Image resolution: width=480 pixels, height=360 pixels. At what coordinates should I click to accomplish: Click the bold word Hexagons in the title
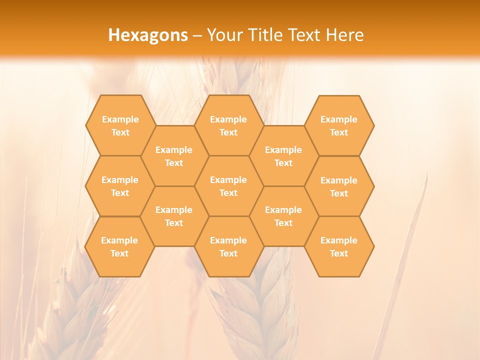click(148, 35)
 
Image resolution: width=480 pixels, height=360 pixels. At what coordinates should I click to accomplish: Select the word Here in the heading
click(344, 35)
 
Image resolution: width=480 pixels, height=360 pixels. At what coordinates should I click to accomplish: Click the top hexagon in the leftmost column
click(120, 125)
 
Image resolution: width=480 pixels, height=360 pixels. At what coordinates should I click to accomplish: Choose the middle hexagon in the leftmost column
click(120, 186)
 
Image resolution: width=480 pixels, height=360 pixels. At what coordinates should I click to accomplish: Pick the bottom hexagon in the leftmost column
click(119, 246)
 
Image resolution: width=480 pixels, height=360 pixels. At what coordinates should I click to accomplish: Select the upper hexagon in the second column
click(174, 156)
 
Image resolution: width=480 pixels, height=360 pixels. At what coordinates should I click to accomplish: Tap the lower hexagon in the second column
click(174, 216)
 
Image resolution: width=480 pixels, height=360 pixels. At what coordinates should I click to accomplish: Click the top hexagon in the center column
click(228, 125)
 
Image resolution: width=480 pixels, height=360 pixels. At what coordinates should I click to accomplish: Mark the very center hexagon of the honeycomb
click(228, 186)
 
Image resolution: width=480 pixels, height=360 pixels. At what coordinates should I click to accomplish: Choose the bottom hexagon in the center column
click(228, 246)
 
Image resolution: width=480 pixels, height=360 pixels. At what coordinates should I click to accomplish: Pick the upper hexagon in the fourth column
click(283, 156)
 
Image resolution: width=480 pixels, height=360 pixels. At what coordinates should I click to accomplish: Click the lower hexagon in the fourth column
click(283, 216)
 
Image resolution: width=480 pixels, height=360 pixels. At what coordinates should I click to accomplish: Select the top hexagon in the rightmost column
click(339, 125)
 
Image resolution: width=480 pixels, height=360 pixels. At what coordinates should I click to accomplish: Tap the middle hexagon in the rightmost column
click(339, 186)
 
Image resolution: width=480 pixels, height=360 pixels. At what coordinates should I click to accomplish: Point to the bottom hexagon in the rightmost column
click(339, 246)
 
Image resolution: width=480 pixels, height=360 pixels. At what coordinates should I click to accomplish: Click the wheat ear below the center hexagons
click(265, 310)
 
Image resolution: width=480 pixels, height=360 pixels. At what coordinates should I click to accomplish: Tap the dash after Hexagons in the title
click(197, 35)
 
